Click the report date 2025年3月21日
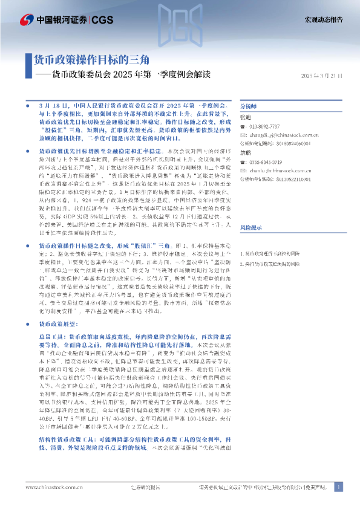point(321,76)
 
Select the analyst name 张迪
point(246,117)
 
